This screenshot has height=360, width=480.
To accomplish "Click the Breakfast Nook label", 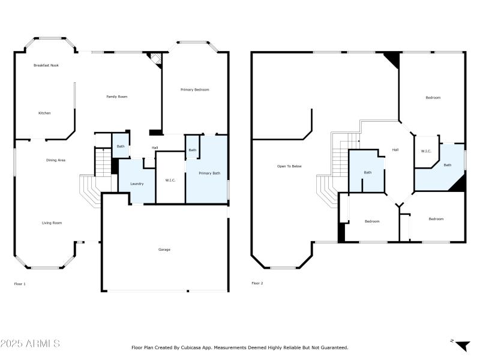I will (x=46, y=65).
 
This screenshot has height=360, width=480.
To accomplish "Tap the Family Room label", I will (x=117, y=97).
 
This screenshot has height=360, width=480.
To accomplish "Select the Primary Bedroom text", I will (x=195, y=89).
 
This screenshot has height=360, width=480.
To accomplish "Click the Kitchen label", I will (x=44, y=113).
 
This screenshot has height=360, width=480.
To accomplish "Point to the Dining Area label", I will (x=56, y=160).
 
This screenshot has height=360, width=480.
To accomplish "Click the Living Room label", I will (x=52, y=223).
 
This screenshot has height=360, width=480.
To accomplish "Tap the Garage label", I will (x=164, y=249).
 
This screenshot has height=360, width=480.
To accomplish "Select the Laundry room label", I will (x=137, y=184).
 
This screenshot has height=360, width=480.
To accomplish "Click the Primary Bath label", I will (x=209, y=173).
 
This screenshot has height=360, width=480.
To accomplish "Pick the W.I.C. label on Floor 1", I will (x=170, y=180).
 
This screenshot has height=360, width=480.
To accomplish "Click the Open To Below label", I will (x=289, y=166).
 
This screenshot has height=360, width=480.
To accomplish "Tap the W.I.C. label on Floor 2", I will (x=427, y=151).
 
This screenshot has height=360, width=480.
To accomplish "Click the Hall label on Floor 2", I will (x=395, y=150).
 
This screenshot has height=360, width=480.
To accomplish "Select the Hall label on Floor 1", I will (x=155, y=148).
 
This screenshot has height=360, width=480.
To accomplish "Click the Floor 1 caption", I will (x=20, y=283).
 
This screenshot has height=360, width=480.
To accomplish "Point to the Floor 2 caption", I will (x=257, y=283).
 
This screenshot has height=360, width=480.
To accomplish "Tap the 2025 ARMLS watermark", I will (x=30, y=344).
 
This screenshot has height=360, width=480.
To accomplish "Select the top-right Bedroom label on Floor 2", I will (x=433, y=98).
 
